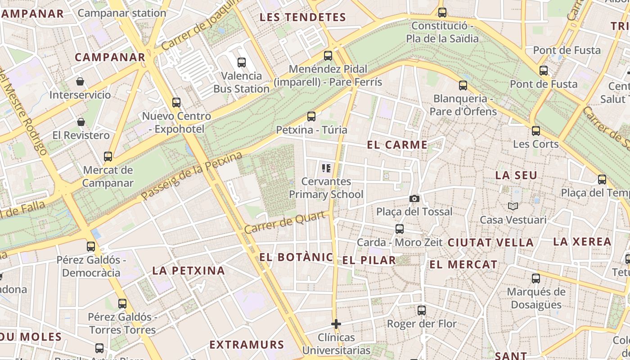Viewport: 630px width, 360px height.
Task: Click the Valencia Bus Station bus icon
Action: point(242,62)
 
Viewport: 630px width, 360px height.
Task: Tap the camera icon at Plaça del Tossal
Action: point(414,198)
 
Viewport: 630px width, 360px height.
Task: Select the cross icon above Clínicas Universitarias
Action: point(336,324)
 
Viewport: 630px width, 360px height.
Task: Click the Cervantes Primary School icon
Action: point(326,168)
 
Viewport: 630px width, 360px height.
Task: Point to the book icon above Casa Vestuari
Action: point(513,207)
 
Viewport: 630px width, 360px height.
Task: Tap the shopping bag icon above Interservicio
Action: point(80,81)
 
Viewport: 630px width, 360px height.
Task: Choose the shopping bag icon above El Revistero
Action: point(81,122)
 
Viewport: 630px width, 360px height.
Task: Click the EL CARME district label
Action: point(397,145)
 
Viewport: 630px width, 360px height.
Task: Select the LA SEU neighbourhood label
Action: point(516,175)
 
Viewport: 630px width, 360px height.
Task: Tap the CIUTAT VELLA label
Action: point(490,243)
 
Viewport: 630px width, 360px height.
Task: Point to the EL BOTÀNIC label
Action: point(297,257)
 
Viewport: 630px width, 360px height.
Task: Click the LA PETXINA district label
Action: point(189,270)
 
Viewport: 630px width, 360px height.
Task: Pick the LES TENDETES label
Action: point(303,18)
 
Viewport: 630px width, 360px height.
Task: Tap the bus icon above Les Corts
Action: point(535,131)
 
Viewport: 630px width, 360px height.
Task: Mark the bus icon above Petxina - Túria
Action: point(311,117)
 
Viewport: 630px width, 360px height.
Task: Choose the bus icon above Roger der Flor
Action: point(422,310)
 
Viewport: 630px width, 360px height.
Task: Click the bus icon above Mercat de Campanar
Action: point(108,157)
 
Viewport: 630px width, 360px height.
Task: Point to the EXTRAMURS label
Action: point(247,345)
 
